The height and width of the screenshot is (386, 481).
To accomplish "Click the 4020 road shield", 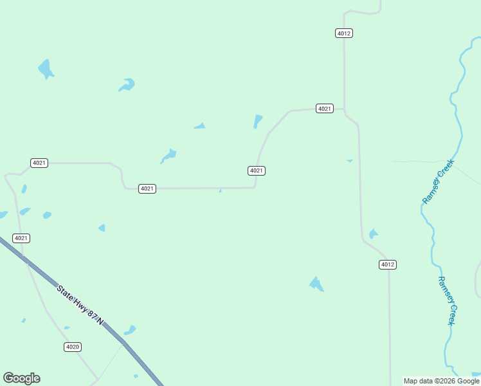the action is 73,347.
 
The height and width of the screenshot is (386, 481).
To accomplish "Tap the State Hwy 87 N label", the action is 80,304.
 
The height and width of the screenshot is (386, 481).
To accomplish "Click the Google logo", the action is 21,378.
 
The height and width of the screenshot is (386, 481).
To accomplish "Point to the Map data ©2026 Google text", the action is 441,381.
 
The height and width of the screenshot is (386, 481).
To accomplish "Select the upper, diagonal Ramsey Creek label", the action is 438,182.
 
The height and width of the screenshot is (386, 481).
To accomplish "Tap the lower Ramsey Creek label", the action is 446,300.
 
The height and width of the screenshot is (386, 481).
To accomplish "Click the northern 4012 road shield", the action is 344,33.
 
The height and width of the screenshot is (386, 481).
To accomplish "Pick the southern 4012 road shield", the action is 387,264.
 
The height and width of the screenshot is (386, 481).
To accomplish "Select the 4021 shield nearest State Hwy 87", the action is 21,238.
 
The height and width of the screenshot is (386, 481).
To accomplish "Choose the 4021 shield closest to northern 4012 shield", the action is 324,109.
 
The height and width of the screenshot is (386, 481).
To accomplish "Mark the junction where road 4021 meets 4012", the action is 344,109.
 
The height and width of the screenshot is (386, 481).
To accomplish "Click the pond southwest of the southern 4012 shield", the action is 316,284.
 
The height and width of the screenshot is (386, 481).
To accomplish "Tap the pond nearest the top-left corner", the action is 45,68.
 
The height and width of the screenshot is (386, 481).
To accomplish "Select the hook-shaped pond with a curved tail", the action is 127,85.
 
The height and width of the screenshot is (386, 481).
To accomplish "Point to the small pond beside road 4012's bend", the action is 373,234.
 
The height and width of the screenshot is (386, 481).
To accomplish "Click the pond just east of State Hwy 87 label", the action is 130,331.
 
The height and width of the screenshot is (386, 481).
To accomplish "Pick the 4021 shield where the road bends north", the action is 257,170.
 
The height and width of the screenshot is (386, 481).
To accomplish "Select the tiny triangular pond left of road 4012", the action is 350,160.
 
